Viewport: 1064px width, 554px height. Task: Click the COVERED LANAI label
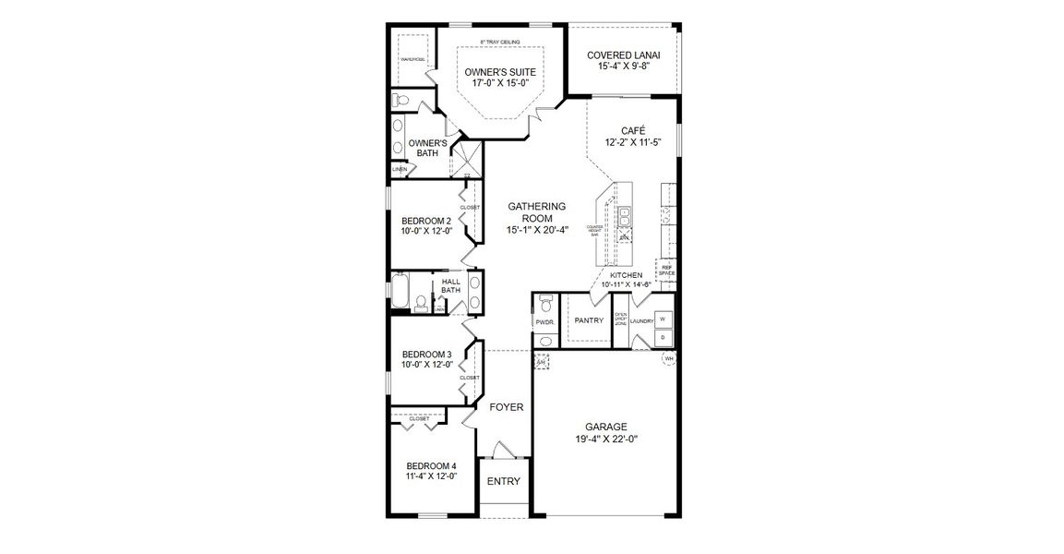[x=621, y=54]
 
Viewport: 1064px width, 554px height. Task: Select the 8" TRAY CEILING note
[x=500, y=42]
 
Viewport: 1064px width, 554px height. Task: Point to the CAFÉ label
[x=633, y=130]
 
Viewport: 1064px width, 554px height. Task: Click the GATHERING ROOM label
[x=536, y=211]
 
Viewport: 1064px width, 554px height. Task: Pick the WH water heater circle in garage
[x=668, y=358]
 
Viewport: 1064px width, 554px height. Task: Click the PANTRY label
[x=588, y=320]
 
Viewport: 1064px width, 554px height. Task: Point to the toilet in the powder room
[x=544, y=304]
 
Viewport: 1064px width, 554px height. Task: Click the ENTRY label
[x=503, y=481]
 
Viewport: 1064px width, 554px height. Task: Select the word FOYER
[x=506, y=406]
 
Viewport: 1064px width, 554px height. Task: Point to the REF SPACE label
[x=666, y=270]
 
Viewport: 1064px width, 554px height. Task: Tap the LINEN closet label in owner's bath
[x=399, y=170]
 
